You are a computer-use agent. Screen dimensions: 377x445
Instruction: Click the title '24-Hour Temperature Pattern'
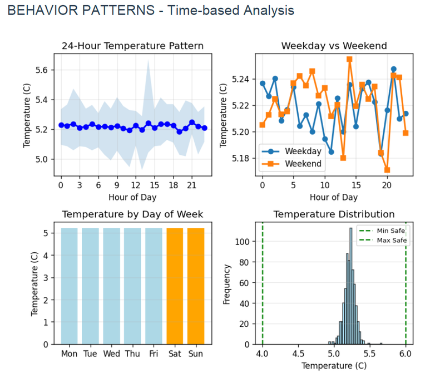(x=132, y=46)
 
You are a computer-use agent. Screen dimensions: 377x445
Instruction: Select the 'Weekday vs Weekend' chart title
(x=334, y=46)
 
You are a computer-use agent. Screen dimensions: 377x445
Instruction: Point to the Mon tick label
(x=69, y=354)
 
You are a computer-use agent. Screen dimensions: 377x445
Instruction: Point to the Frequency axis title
(x=226, y=284)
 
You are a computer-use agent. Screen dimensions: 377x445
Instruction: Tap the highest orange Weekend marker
(x=349, y=59)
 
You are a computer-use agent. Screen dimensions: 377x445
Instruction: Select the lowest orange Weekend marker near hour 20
(x=387, y=170)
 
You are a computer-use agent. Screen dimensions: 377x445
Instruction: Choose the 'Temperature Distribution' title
(x=334, y=214)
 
